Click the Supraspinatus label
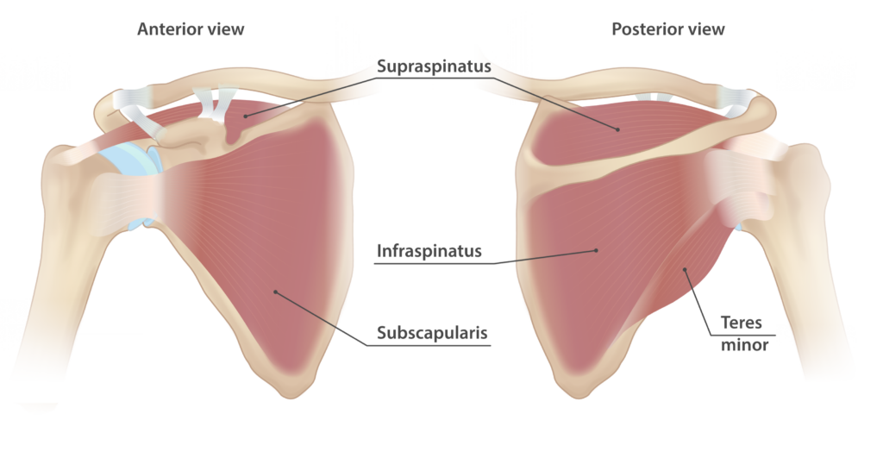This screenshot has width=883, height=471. (433, 66)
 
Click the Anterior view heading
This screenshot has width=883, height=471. (191, 29)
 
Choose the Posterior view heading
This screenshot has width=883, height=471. (667, 29)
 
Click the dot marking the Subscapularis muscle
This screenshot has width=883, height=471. (275, 292)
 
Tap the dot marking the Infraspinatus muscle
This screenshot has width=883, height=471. (596, 251)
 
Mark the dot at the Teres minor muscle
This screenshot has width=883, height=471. (686, 271)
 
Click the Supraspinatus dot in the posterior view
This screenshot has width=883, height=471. (618, 129)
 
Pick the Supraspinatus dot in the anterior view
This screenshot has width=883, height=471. (245, 114)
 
